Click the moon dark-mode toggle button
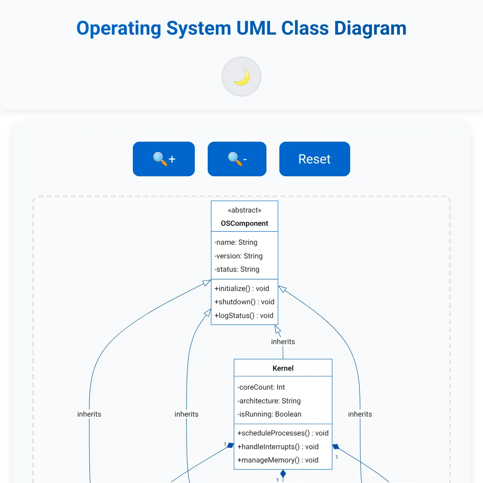click(242, 76)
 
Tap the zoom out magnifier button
click(237, 159)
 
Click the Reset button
click(314, 159)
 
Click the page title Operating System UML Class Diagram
click(242, 28)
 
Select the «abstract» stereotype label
click(244, 210)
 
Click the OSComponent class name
click(244, 223)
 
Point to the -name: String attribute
click(236, 242)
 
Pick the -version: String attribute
click(239, 256)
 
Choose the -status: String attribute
click(237, 269)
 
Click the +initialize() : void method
click(242, 289)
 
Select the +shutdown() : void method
click(244, 302)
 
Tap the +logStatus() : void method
click(244, 316)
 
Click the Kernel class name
click(283, 368)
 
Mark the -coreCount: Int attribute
click(261, 387)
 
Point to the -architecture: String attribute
click(269, 401)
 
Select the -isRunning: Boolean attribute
click(269, 414)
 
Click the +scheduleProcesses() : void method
click(283, 433)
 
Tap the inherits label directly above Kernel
click(283, 342)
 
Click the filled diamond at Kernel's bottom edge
click(283, 474)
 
